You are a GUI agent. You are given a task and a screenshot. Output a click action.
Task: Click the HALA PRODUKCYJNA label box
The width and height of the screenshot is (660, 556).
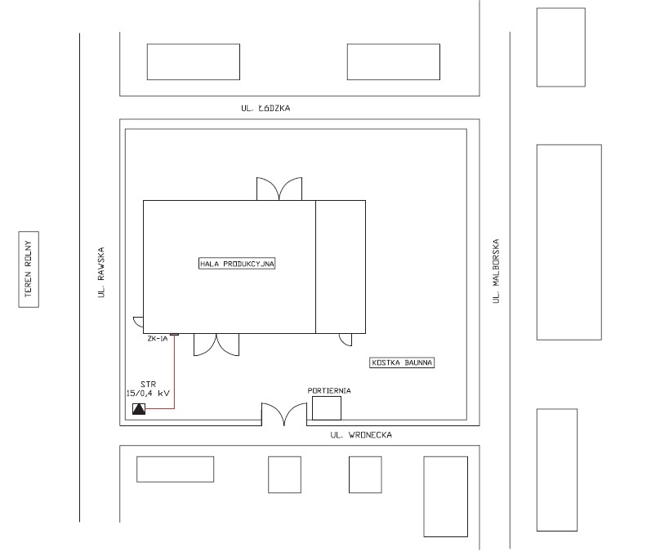[237, 264]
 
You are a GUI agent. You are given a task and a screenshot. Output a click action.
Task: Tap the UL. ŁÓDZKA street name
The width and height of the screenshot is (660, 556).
[265, 108]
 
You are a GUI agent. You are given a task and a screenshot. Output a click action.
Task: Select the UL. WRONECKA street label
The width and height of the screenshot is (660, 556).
[361, 435]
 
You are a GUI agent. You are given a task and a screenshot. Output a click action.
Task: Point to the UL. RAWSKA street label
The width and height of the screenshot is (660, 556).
[101, 272]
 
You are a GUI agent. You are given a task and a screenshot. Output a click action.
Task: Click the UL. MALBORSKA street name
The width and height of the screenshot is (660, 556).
[497, 271]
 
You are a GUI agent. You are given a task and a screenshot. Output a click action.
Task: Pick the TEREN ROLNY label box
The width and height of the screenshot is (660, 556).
[29, 269]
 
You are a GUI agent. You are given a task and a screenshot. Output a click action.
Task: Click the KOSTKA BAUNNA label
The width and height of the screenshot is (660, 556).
[402, 363]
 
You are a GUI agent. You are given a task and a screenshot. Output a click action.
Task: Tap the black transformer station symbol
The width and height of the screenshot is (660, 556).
[139, 409]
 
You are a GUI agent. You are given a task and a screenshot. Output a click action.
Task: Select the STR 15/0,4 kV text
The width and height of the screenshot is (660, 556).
[148, 389]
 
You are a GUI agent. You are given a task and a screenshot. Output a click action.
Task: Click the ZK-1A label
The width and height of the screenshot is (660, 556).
[158, 339]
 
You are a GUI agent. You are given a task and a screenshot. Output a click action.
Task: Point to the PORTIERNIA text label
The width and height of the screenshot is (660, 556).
[329, 391]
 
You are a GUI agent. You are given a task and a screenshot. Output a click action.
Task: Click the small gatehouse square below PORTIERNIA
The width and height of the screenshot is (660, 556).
[327, 408]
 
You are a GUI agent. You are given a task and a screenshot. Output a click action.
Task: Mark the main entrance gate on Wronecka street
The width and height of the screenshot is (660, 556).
[284, 414]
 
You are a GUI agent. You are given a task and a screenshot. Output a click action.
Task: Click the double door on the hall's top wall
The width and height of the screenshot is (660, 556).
[279, 189]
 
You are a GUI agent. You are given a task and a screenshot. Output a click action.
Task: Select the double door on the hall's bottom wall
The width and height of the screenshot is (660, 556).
[216, 345]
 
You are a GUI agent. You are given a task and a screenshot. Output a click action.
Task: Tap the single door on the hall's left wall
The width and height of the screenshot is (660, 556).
[138, 322]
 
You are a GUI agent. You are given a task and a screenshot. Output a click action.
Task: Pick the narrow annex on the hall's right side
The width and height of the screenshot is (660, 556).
[341, 267]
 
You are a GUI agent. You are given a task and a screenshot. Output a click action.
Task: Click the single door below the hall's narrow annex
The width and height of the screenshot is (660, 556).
[346, 340]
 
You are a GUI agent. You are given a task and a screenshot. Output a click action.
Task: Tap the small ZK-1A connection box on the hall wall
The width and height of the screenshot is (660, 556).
[174, 335]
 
